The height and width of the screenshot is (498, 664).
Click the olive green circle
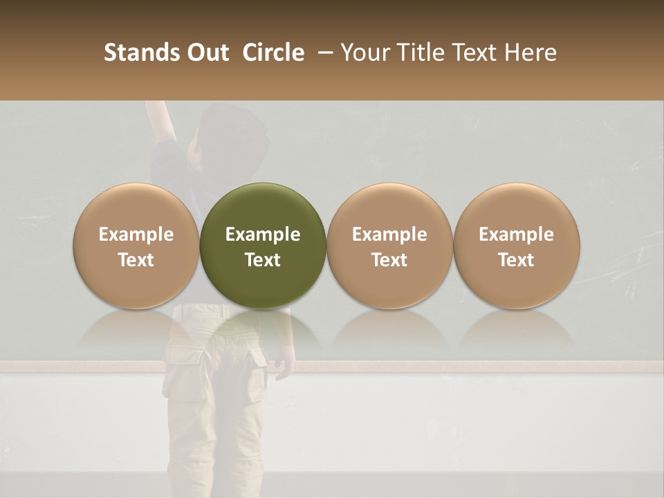click(x=262, y=246)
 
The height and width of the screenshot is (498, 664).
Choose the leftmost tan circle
click(x=136, y=246)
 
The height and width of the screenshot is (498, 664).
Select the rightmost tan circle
click(x=516, y=246)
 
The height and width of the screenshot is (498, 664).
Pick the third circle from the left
click(x=389, y=246)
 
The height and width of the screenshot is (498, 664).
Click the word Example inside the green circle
click(x=263, y=234)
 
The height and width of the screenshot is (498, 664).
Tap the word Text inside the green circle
click(x=263, y=259)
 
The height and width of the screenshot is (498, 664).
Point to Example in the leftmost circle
click(x=136, y=234)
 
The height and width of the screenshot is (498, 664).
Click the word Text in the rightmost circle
click(x=516, y=259)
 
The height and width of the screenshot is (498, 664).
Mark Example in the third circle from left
click(x=389, y=234)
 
